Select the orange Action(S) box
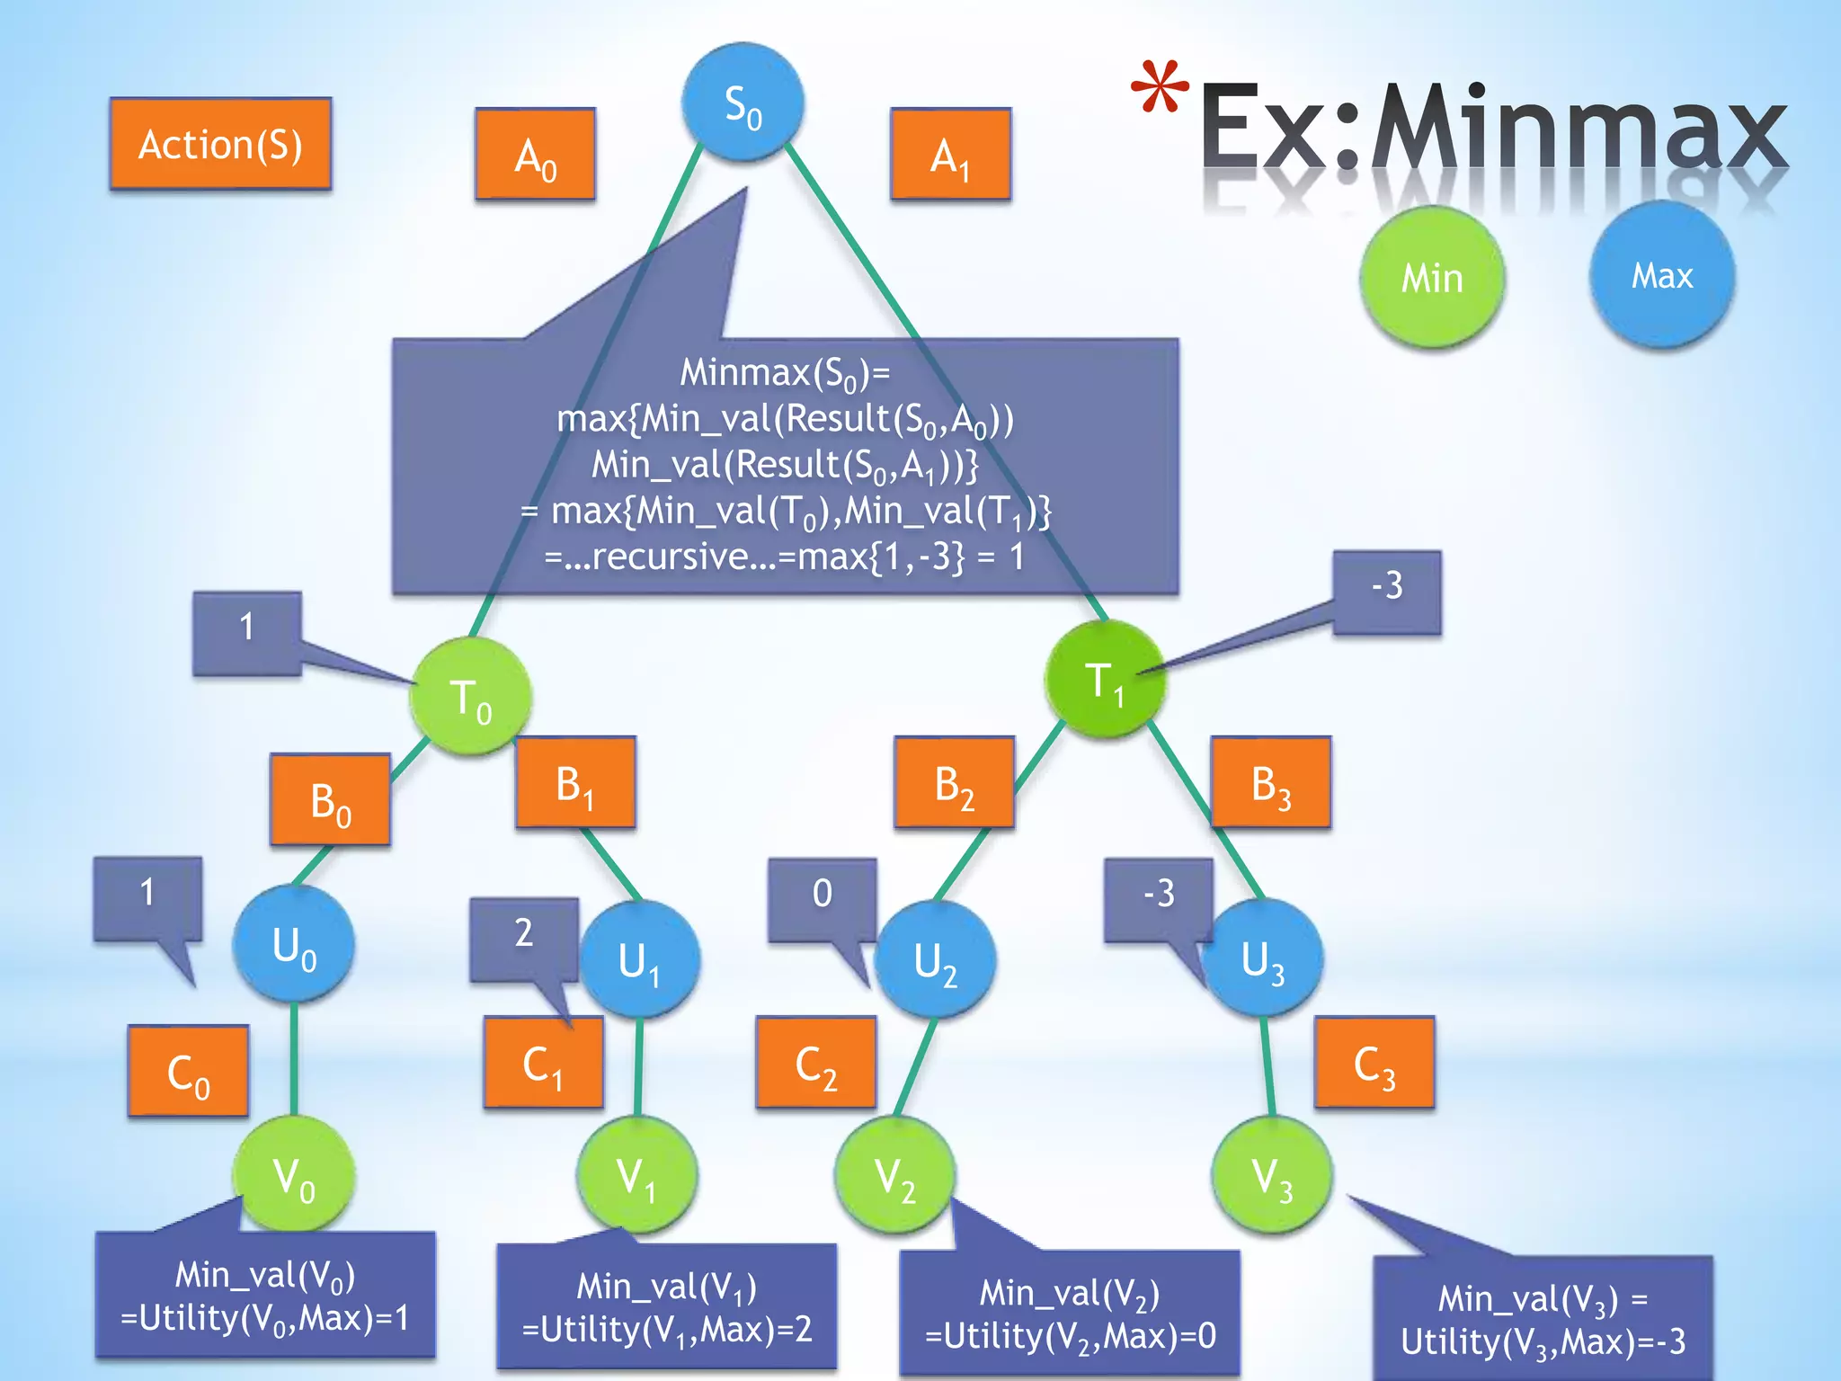point(221,144)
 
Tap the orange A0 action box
point(536,155)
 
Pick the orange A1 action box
point(951,155)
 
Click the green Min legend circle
point(1432,277)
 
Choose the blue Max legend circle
point(1662,275)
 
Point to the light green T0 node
point(470,698)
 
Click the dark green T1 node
point(1105,681)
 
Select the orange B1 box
point(575,782)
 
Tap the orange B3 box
point(1271,782)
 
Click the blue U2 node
point(935,959)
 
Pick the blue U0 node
point(294,944)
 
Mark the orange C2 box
point(816,1063)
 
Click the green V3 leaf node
point(1272,1175)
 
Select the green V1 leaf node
point(636,1175)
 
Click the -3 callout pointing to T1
point(1387,590)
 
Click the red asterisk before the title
point(1160,88)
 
